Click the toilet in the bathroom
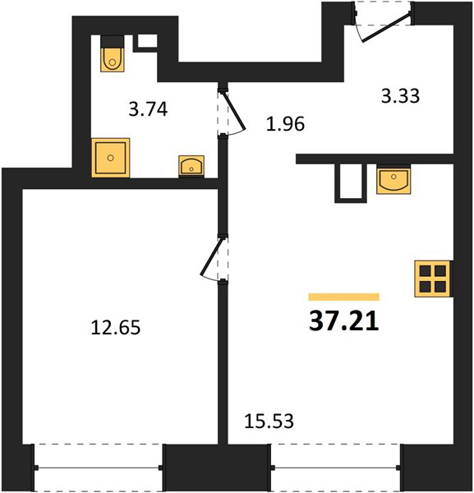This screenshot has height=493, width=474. click(113, 53)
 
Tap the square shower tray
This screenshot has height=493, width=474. click(111, 158)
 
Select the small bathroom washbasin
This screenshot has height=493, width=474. click(191, 165)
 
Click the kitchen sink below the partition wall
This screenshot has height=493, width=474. click(393, 180)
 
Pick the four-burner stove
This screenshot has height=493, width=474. click(433, 279)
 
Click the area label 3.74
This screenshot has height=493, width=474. click(148, 109)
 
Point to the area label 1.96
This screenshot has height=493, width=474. click(285, 123)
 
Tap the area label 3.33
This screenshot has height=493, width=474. click(400, 96)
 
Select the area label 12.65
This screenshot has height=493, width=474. click(116, 327)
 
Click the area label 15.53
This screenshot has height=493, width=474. click(269, 421)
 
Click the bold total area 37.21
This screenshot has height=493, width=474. click(344, 321)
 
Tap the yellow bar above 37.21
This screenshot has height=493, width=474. click(344, 297)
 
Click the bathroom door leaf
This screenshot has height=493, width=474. click(233, 110)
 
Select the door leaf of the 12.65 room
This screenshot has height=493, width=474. click(213, 256)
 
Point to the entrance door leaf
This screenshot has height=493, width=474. click(386, 27)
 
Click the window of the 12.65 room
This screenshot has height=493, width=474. click(99, 468)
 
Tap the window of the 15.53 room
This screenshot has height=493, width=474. click(336, 468)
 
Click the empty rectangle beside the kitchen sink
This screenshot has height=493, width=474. click(351, 183)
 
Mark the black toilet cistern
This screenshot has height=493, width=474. click(113, 42)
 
